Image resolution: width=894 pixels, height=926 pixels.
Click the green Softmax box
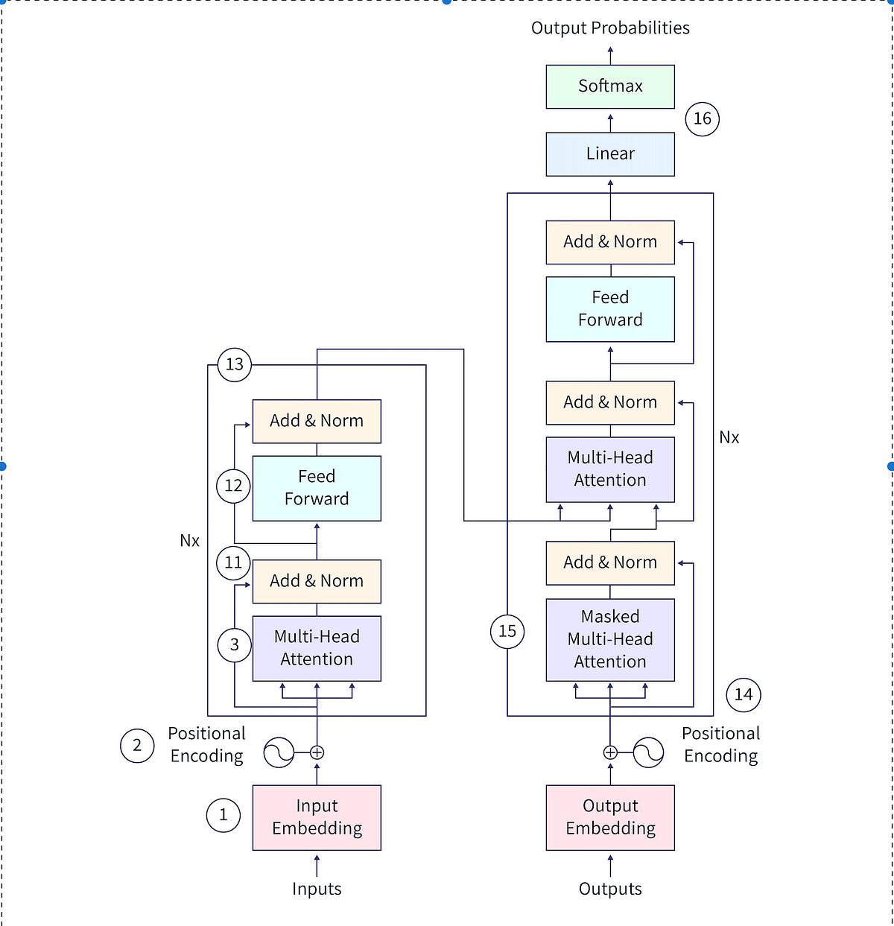610,86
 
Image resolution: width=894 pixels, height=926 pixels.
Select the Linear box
610,154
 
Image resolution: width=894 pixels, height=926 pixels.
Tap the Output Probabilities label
610,28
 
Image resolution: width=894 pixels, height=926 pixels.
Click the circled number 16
702,118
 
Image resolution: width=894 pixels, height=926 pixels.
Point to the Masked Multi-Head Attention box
610,639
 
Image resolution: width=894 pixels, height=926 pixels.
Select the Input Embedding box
317,817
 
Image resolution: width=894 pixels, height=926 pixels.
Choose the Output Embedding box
610,817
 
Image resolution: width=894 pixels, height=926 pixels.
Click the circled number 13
235,364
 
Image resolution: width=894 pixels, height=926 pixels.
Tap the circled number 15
507,632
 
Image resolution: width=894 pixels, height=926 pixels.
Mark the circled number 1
223,815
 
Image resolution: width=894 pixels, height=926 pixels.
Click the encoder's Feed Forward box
317,488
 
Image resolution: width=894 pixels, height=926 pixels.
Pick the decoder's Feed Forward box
610,309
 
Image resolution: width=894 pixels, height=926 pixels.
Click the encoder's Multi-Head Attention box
317,648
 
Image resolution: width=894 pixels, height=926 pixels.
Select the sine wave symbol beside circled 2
279,752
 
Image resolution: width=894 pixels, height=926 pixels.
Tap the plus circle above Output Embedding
610,752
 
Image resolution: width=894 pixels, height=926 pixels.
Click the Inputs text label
317,889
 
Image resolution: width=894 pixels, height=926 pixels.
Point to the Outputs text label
610,889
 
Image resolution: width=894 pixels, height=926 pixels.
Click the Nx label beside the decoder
729,438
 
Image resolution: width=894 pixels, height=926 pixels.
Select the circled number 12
234,486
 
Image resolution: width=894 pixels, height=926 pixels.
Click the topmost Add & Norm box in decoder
610,242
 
